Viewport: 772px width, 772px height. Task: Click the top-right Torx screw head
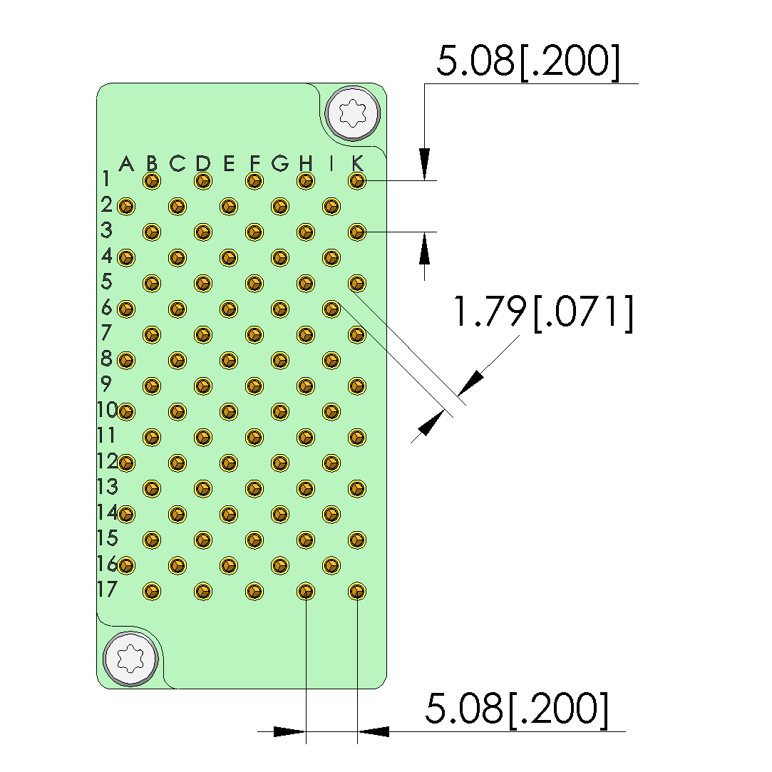353,113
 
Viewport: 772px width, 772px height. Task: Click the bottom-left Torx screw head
130,658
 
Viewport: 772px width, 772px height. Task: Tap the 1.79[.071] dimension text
542,312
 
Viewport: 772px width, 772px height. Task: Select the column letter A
127,163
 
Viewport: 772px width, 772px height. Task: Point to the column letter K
357,163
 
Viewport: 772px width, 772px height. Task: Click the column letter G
280,163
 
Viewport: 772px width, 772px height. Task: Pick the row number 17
107,589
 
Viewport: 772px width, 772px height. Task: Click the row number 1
105,178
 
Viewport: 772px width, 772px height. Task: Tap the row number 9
105,383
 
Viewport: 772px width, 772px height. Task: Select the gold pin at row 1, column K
357,180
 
